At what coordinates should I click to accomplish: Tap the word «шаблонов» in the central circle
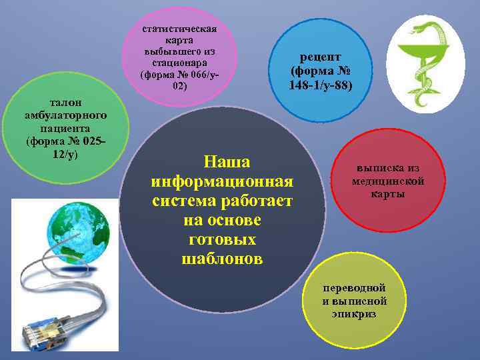coord(222,259)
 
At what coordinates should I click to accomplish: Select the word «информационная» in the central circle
coord(222,181)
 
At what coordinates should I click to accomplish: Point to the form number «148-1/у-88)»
coord(321,86)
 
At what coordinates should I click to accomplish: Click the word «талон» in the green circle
coord(65,103)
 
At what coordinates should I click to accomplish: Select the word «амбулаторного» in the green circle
coord(65,115)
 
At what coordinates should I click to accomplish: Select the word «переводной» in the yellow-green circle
coord(354,289)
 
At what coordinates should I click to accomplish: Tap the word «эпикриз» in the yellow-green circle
coord(354,313)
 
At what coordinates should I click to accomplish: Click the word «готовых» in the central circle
coord(222,239)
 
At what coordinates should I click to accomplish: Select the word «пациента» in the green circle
coord(65,127)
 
